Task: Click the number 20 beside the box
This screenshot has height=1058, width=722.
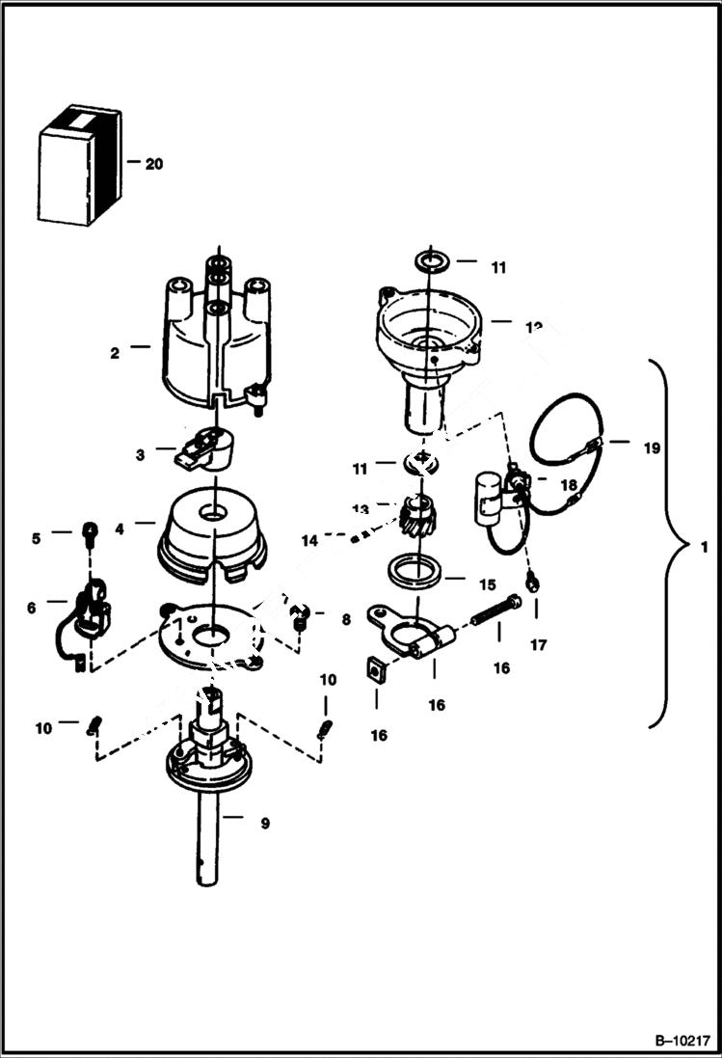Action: [x=153, y=164]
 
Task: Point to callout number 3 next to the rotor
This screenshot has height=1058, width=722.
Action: [x=140, y=453]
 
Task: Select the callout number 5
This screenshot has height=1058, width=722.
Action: [x=37, y=538]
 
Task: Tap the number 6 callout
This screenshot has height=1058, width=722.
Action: [x=32, y=608]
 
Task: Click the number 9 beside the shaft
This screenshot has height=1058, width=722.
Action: [x=264, y=824]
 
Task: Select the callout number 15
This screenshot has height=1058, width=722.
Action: [x=486, y=584]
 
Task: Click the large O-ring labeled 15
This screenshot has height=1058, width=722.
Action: [x=415, y=571]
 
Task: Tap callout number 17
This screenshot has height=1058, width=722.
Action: [x=538, y=645]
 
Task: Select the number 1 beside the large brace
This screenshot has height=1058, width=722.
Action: [x=705, y=547]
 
